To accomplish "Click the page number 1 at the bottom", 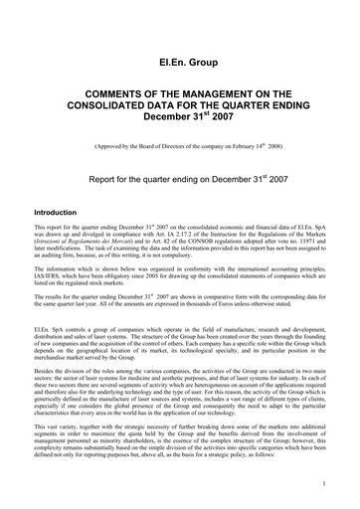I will pos(325,488).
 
